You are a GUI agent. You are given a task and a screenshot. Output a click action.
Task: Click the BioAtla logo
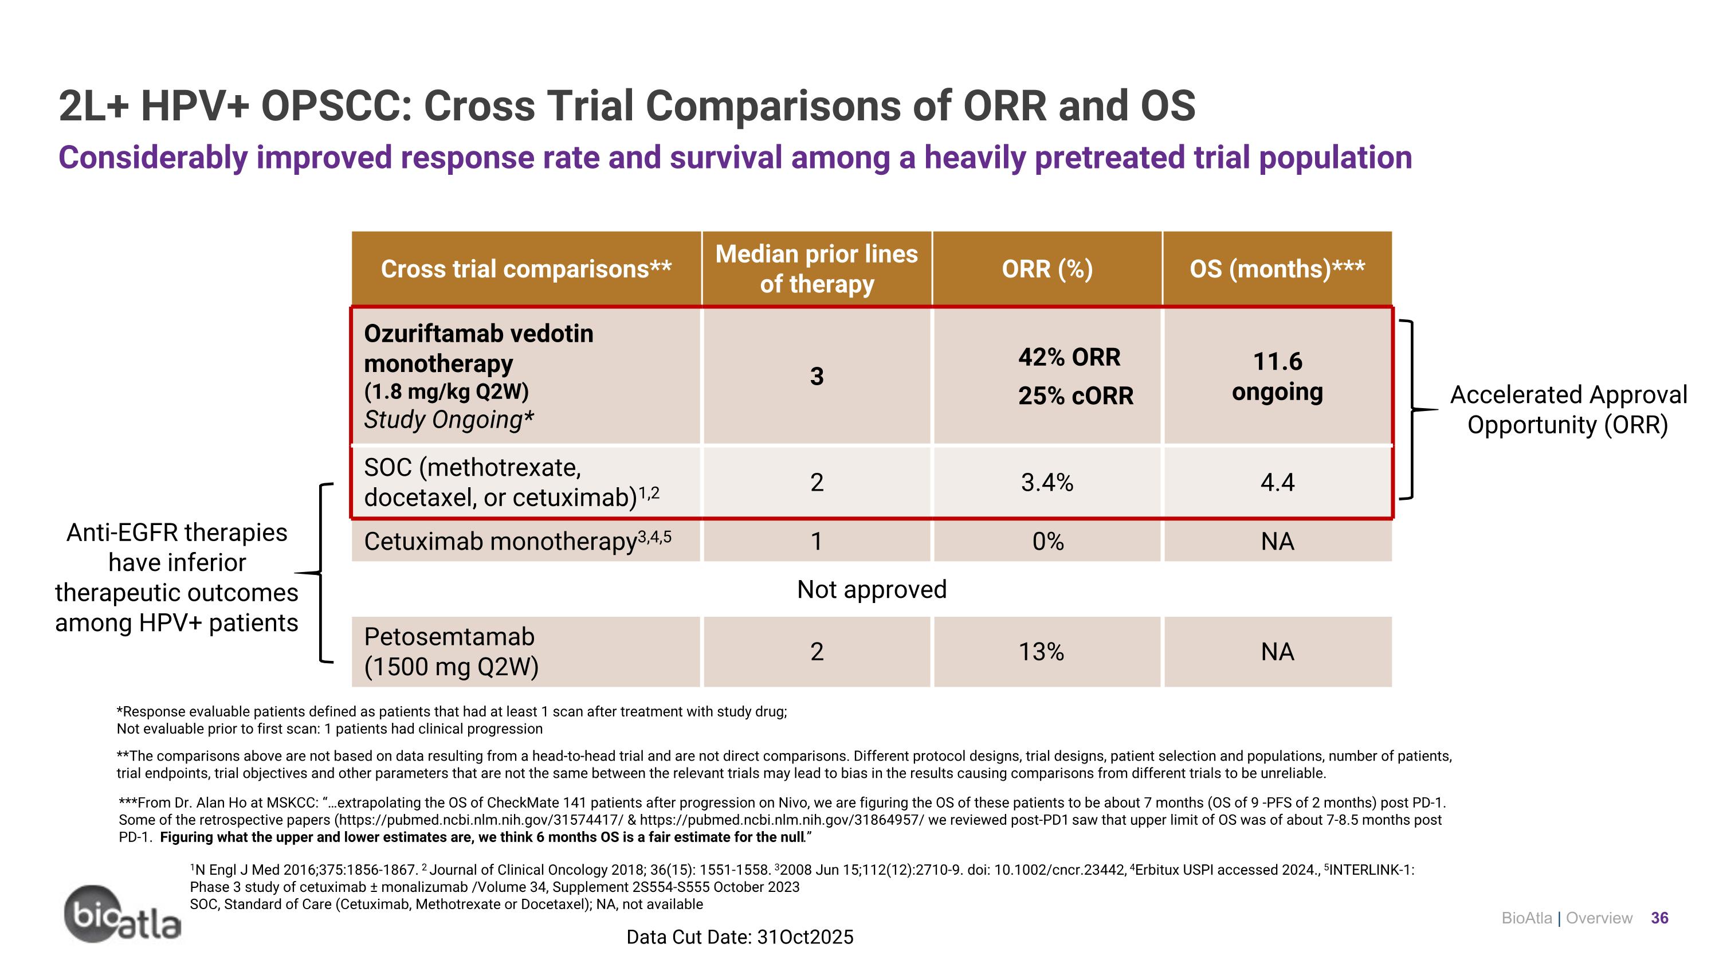pyautogui.click(x=122, y=915)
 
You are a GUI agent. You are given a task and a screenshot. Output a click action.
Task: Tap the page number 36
pyautogui.click(x=1659, y=918)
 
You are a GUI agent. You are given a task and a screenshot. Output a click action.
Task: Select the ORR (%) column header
pyautogui.click(x=1046, y=269)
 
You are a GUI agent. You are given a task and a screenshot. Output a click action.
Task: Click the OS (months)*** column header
pyautogui.click(x=1277, y=269)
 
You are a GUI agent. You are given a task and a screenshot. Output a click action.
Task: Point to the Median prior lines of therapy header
pyautogui.click(x=816, y=269)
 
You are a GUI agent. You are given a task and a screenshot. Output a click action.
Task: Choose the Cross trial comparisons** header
pyautogui.click(x=526, y=269)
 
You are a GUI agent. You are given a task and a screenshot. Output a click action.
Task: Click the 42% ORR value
pyautogui.click(x=1069, y=357)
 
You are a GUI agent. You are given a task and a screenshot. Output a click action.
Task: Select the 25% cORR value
pyautogui.click(x=1075, y=396)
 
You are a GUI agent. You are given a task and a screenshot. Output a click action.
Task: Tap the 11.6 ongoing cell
pyautogui.click(x=1277, y=377)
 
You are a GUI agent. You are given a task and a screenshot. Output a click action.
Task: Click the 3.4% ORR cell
pyautogui.click(x=1046, y=482)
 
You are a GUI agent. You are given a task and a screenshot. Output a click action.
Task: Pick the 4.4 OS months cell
pyautogui.click(x=1277, y=482)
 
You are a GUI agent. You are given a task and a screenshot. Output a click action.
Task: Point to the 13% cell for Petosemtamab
pyautogui.click(x=1041, y=651)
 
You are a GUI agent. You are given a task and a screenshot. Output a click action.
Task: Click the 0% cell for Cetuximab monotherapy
pyautogui.click(x=1047, y=541)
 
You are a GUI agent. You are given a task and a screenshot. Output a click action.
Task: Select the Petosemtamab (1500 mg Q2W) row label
pyautogui.click(x=451, y=651)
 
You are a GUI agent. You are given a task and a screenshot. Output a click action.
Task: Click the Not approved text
pyautogui.click(x=872, y=589)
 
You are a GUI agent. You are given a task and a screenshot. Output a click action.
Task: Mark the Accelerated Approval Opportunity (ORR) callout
pyautogui.click(x=1568, y=409)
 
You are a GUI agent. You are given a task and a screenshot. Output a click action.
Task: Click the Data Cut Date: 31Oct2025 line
pyautogui.click(x=739, y=937)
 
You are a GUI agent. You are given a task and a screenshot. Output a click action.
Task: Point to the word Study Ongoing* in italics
pyautogui.click(x=449, y=420)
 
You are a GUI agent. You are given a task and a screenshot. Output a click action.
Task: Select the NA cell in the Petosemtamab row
pyautogui.click(x=1277, y=651)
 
